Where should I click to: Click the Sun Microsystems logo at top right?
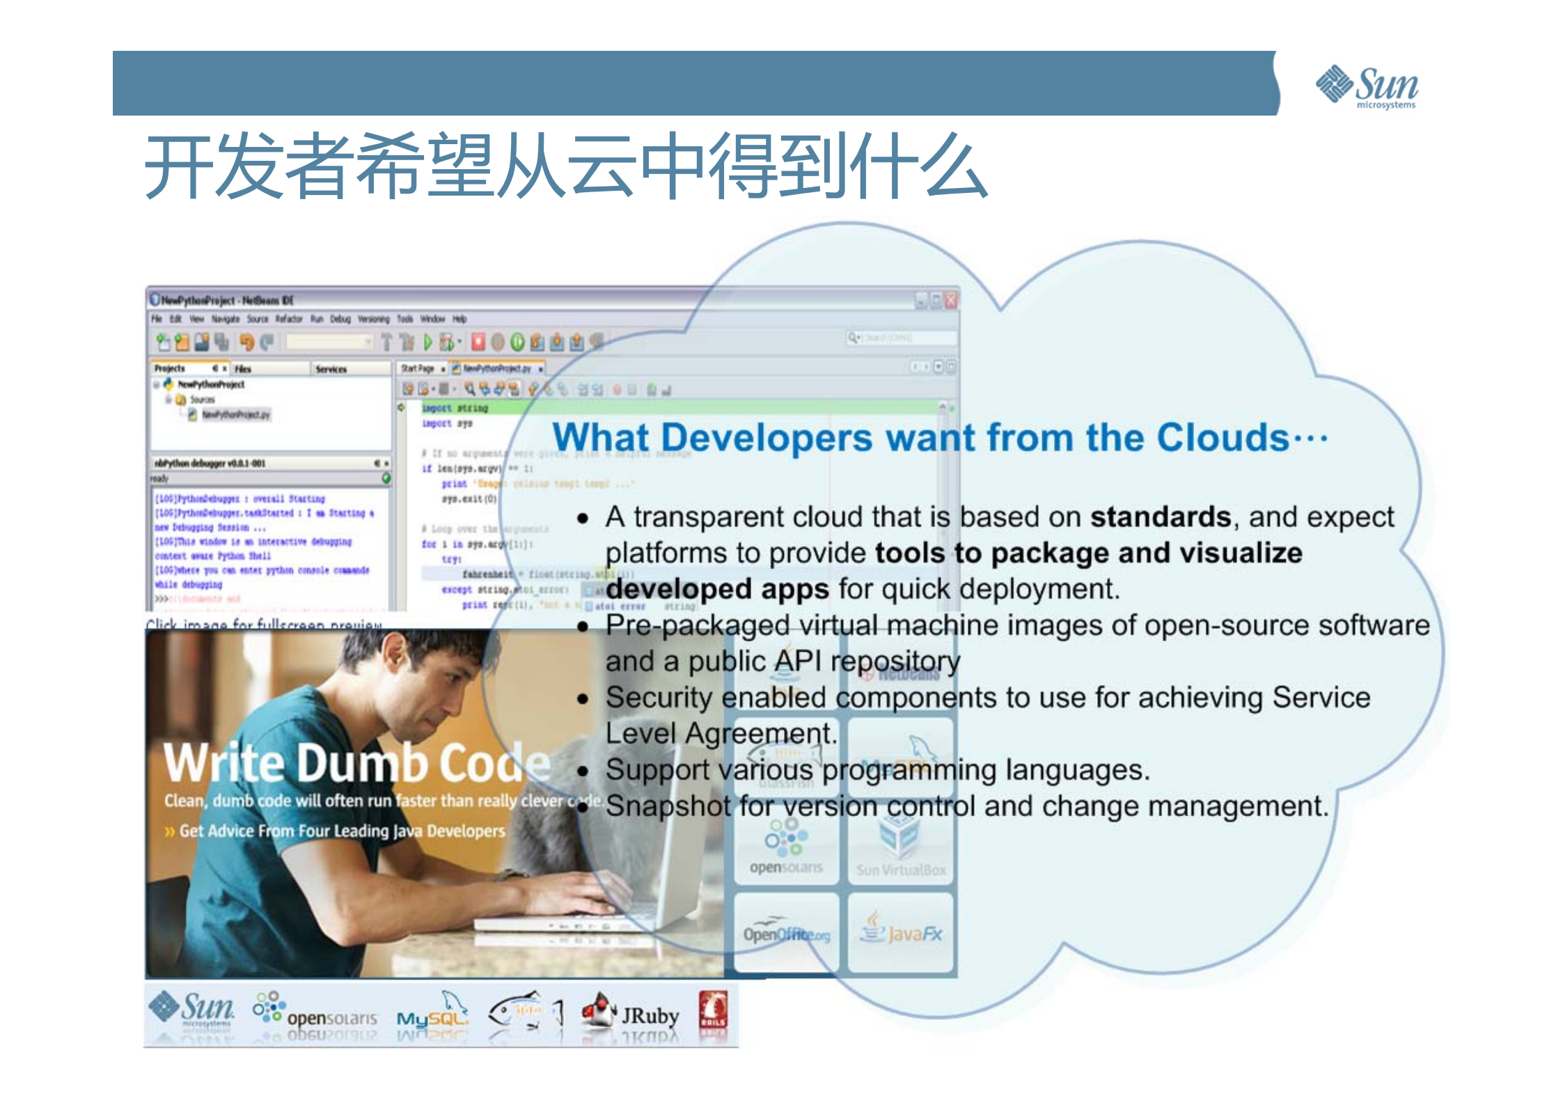[x=1366, y=87]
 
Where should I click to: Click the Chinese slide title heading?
[x=565, y=166]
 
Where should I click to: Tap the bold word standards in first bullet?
[x=1160, y=517]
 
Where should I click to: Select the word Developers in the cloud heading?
[x=766, y=438]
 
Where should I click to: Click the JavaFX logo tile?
[x=901, y=933]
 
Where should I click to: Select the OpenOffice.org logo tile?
[x=786, y=933]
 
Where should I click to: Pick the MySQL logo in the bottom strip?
[x=432, y=1015]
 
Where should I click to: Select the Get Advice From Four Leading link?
[x=341, y=831]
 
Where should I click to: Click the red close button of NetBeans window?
[x=950, y=300]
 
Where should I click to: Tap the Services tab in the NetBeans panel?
[x=331, y=369]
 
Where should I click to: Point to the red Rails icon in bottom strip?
[x=712, y=1010]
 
